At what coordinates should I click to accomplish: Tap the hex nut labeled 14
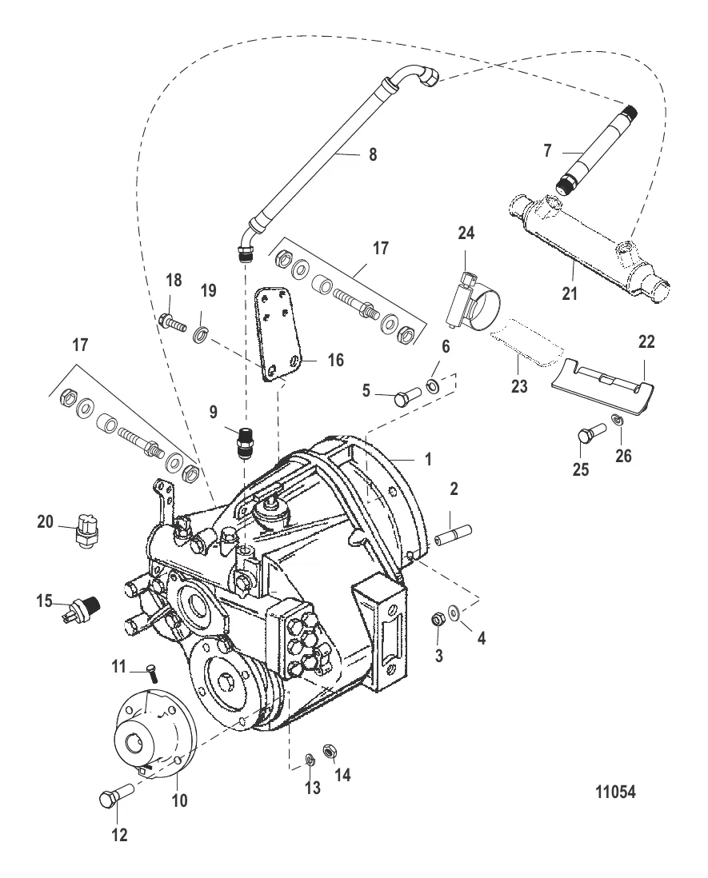point(329,751)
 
